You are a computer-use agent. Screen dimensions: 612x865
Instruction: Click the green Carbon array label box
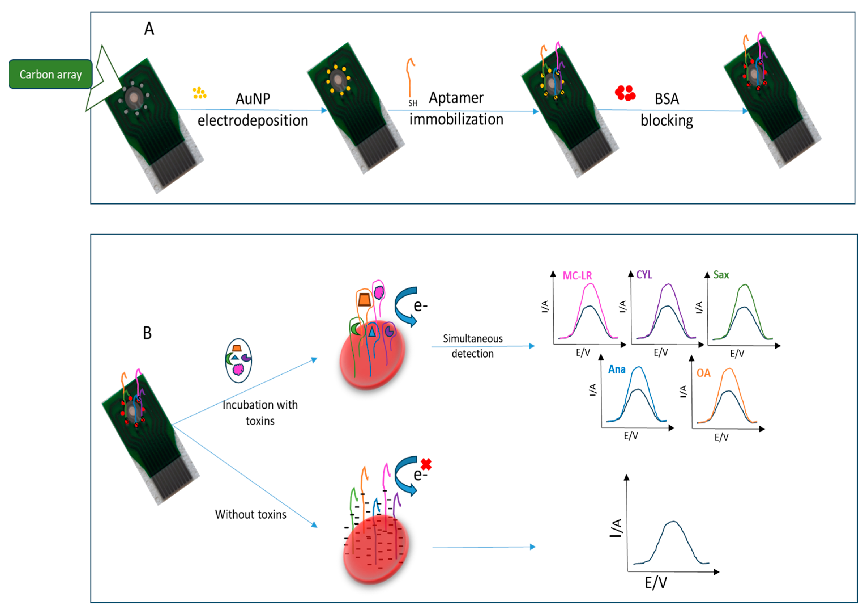[50, 74]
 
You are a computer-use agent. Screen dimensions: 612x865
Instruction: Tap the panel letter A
[149, 29]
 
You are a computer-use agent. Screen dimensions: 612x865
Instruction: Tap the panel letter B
[147, 333]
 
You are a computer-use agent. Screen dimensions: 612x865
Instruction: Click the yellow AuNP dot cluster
[199, 93]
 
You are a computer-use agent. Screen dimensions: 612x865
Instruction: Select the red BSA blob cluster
[625, 93]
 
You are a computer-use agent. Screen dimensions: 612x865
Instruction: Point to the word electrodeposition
[253, 121]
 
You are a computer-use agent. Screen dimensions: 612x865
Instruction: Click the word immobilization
[456, 120]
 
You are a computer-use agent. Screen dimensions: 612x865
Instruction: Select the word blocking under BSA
[667, 121]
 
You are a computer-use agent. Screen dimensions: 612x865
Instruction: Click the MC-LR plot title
[577, 276]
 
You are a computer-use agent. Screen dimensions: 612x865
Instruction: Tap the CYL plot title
[644, 275]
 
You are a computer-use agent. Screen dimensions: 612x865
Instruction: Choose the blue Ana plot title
[616, 369]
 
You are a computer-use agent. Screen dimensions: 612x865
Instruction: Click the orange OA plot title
[703, 373]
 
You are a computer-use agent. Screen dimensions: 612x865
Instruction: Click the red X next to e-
[426, 464]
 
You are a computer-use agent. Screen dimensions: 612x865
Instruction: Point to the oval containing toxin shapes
[238, 360]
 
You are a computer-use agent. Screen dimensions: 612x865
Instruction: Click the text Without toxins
[251, 514]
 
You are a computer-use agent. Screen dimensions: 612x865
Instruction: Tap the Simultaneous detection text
[473, 346]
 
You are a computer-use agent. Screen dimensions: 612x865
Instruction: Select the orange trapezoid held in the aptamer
[364, 300]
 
